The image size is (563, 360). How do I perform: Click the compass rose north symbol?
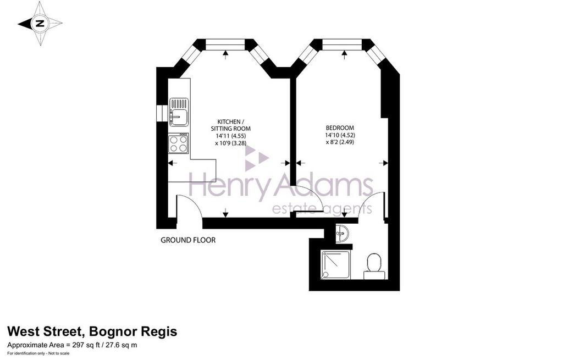pos(40,24)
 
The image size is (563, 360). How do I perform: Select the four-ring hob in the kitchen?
pos(179,143)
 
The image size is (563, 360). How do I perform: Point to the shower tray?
pos(336,264)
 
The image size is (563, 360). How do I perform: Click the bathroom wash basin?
pos(342,233)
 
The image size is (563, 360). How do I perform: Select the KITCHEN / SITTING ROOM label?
pos(230,125)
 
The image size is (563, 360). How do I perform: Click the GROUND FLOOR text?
pos(188,240)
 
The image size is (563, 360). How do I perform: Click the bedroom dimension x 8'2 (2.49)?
pos(340,142)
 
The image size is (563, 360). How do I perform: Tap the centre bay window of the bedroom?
pos(342,45)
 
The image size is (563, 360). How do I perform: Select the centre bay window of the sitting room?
pos(225,45)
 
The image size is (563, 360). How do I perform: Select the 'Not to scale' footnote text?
pos(54,355)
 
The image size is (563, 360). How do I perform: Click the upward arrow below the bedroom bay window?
pos(344,54)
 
